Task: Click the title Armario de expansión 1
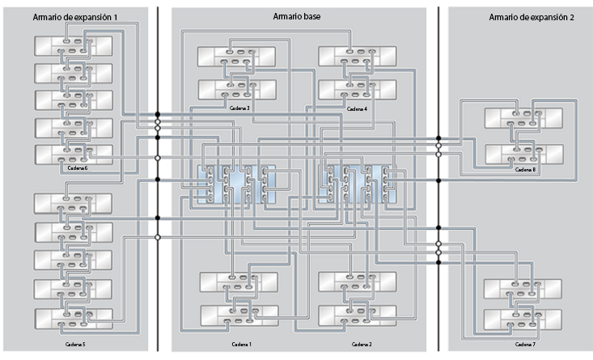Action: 74,17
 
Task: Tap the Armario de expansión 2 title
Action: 531,17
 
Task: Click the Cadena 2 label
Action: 362,344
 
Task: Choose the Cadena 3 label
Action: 237,108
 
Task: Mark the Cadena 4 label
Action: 357,108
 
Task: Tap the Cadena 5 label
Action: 74,344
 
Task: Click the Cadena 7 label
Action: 524,344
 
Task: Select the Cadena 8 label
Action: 524,170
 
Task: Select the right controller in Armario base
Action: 360,185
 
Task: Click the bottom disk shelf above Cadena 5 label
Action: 73,318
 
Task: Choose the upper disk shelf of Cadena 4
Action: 357,56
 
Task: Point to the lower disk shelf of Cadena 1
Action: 238,314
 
